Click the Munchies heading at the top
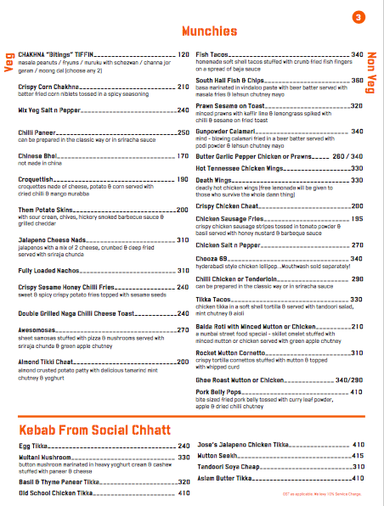[x=208, y=31]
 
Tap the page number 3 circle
[x=359, y=17]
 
